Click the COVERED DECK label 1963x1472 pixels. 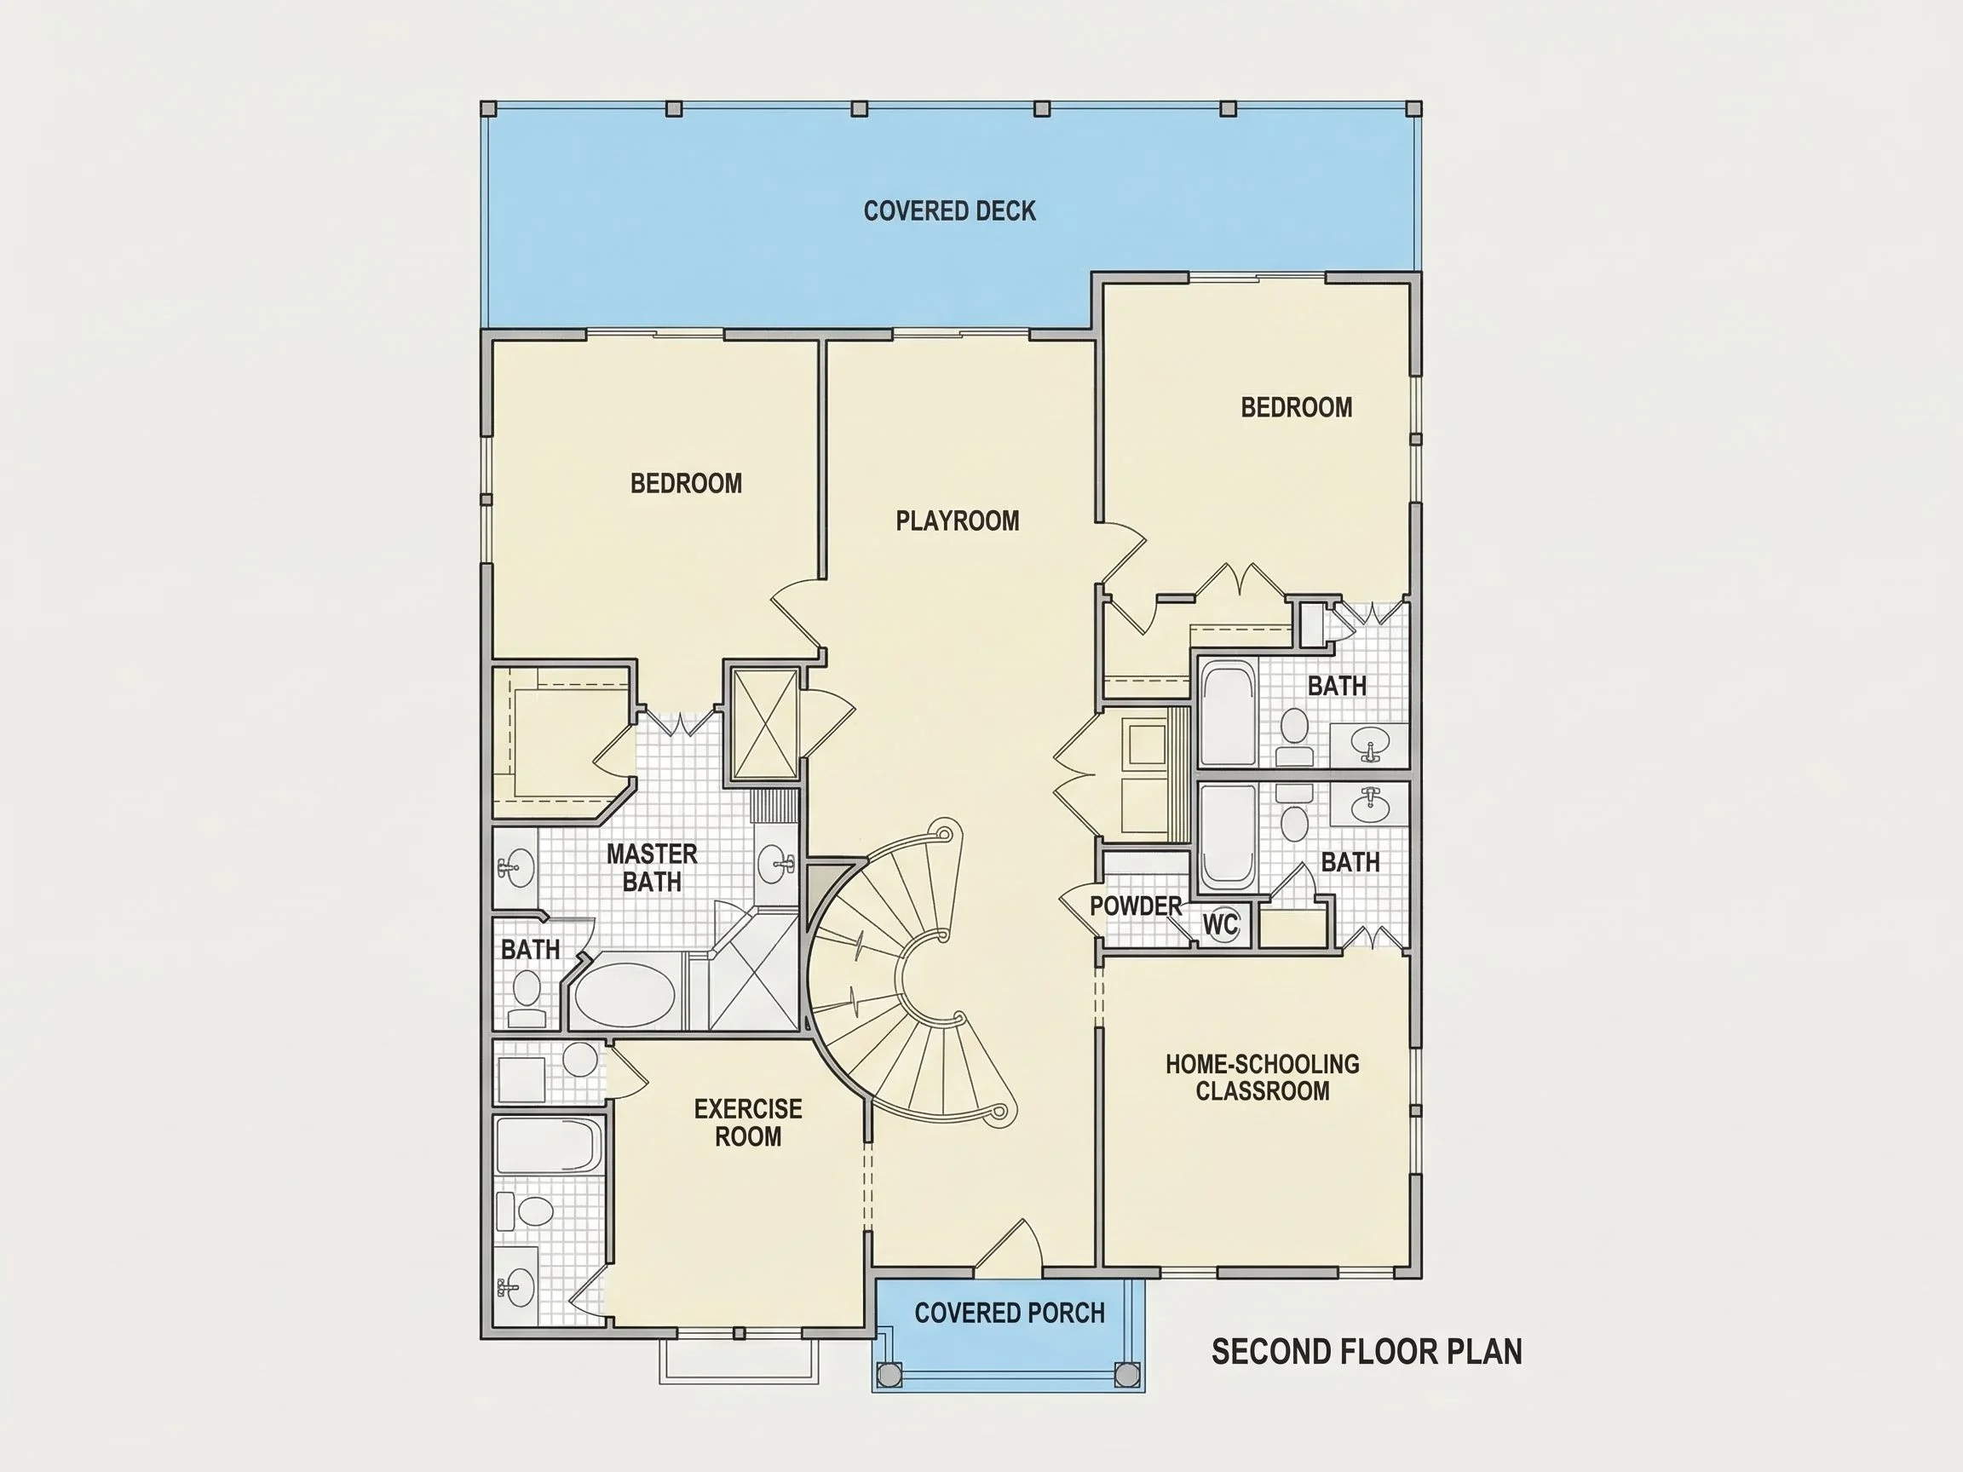coord(950,211)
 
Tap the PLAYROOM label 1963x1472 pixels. coord(958,520)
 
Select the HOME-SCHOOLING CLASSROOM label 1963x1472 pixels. coord(1262,1077)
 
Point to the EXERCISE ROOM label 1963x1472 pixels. coord(748,1123)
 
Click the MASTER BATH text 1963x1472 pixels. coord(653,868)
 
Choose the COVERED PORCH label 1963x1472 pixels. coord(1010,1314)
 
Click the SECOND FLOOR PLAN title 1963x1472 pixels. coord(1367,1351)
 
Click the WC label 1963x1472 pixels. coord(1220,924)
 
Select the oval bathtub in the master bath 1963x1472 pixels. coord(625,995)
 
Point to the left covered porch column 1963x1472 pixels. coord(889,1375)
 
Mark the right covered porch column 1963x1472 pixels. coord(1127,1375)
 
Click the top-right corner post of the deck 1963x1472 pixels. coord(1414,108)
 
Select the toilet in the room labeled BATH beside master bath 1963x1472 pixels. coord(527,998)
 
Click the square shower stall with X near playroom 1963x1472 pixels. coord(764,724)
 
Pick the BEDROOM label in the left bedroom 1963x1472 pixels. coord(686,484)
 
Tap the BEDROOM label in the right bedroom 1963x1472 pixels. coord(1297,407)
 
